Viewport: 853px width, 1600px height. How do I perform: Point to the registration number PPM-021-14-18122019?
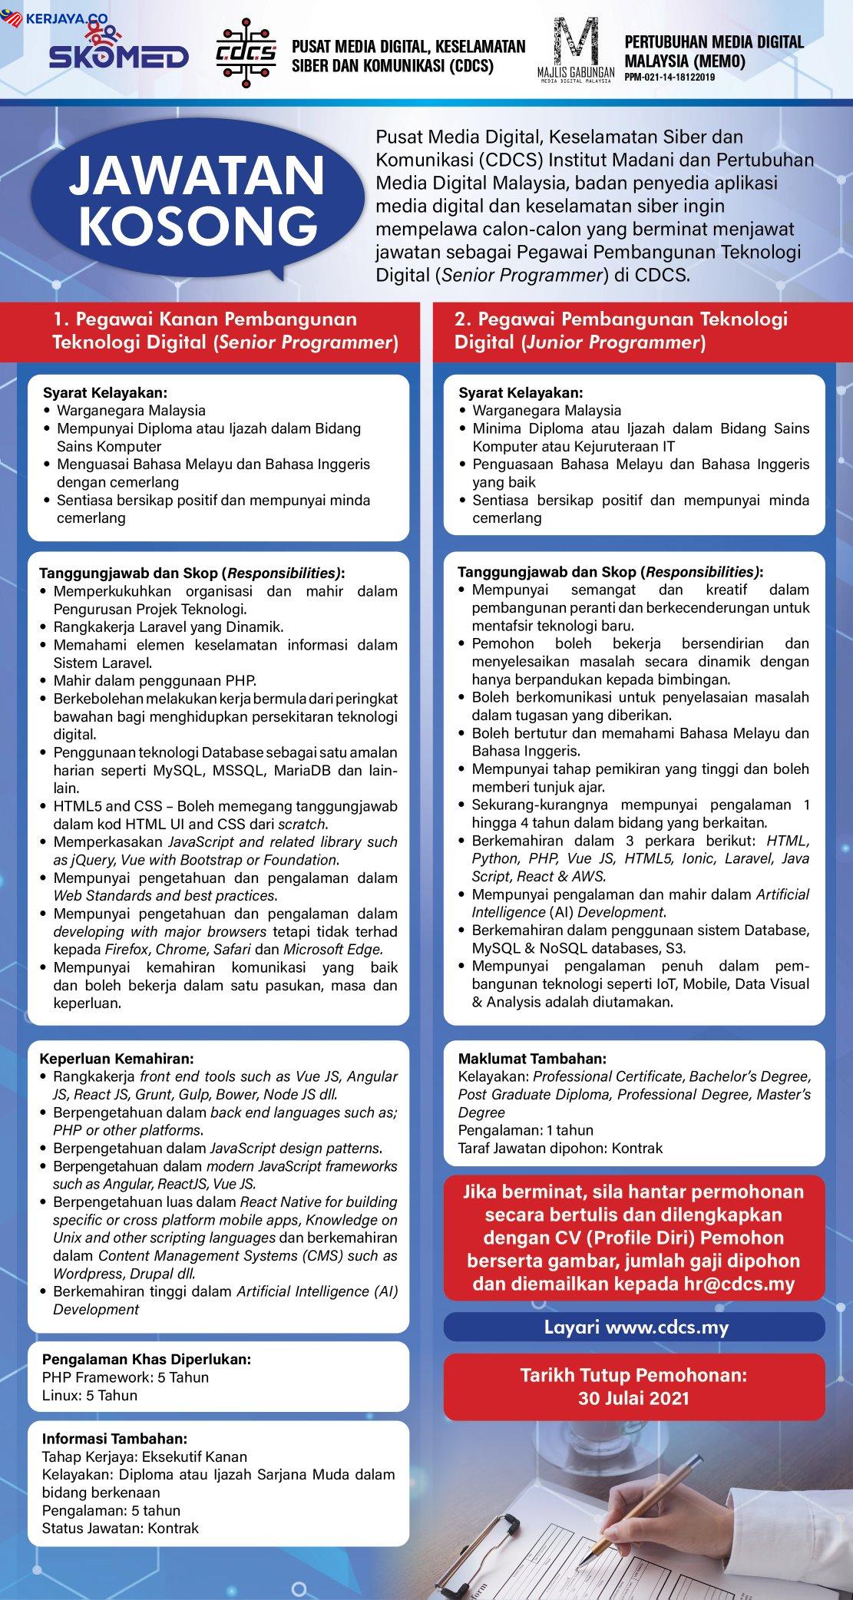click(x=669, y=77)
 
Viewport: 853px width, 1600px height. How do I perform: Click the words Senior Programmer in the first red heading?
click(x=306, y=342)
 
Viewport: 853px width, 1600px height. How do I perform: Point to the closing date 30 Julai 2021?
click(x=633, y=1398)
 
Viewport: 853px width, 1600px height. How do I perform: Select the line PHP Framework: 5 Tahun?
click(x=125, y=1377)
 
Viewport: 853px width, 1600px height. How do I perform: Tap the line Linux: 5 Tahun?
click(x=90, y=1395)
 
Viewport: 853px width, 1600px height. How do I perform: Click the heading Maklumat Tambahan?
click(x=532, y=1059)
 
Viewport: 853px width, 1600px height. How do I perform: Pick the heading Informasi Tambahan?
click(x=114, y=1439)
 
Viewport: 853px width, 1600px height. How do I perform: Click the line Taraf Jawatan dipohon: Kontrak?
click(x=560, y=1149)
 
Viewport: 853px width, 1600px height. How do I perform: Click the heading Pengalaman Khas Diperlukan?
click(x=146, y=1359)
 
